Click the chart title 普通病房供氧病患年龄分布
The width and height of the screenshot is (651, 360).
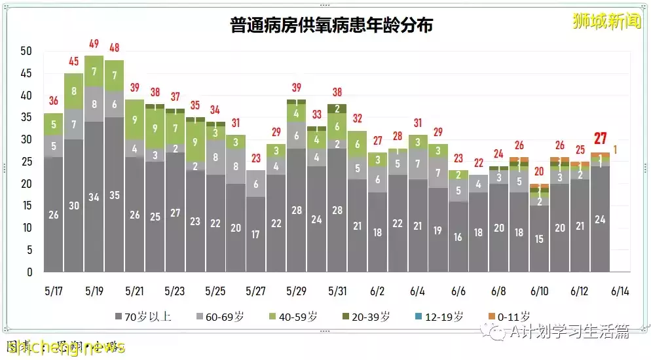click(x=331, y=26)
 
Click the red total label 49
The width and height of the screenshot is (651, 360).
click(x=94, y=44)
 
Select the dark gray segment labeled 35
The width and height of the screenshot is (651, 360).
click(x=114, y=194)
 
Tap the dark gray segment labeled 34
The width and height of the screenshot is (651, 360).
click(x=94, y=197)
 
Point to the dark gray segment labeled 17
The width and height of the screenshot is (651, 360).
click(x=256, y=234)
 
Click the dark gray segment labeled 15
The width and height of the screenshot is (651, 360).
click(x=540, y=238)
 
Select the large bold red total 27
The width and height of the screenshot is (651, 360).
click(x=601, y=138)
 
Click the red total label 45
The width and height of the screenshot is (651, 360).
click(x=73, y=62)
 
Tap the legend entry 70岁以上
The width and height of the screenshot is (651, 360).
click(x=143, y=317)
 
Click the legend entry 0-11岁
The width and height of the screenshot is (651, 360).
click(x=510, y=317)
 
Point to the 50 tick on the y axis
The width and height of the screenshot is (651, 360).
click(x=27, y=51)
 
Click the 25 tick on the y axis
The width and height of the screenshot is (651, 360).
click(x=27, y=162)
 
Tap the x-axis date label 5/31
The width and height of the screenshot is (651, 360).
click(x=337, y=290)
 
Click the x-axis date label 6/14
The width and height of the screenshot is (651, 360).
click(x=620, y=290)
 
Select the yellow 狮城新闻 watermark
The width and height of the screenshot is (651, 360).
click(x=606, y=22)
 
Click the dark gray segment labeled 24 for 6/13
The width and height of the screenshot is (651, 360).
click(x=600, y=219)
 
